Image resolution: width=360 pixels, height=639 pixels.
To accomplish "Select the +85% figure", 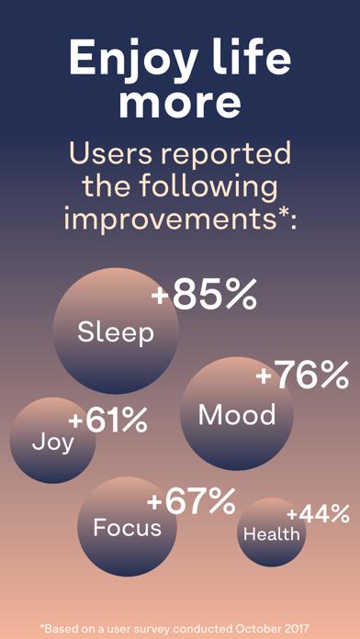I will point(203,296).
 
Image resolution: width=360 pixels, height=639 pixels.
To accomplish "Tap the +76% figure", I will point(302,375).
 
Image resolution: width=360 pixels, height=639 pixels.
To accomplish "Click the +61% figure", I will point(107,420).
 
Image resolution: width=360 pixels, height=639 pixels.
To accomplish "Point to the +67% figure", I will point(191,501).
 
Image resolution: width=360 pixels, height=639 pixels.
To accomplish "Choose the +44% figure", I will point(318,514).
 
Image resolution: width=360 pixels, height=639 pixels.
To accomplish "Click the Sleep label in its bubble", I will point(116,331).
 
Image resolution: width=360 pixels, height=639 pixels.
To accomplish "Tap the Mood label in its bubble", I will point(237,415).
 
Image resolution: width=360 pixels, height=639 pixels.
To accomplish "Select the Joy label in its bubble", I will point(52,442).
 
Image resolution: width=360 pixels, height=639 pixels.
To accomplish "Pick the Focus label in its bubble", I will point(127,527).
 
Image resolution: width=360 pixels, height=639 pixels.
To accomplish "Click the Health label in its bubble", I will point(271,534).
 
